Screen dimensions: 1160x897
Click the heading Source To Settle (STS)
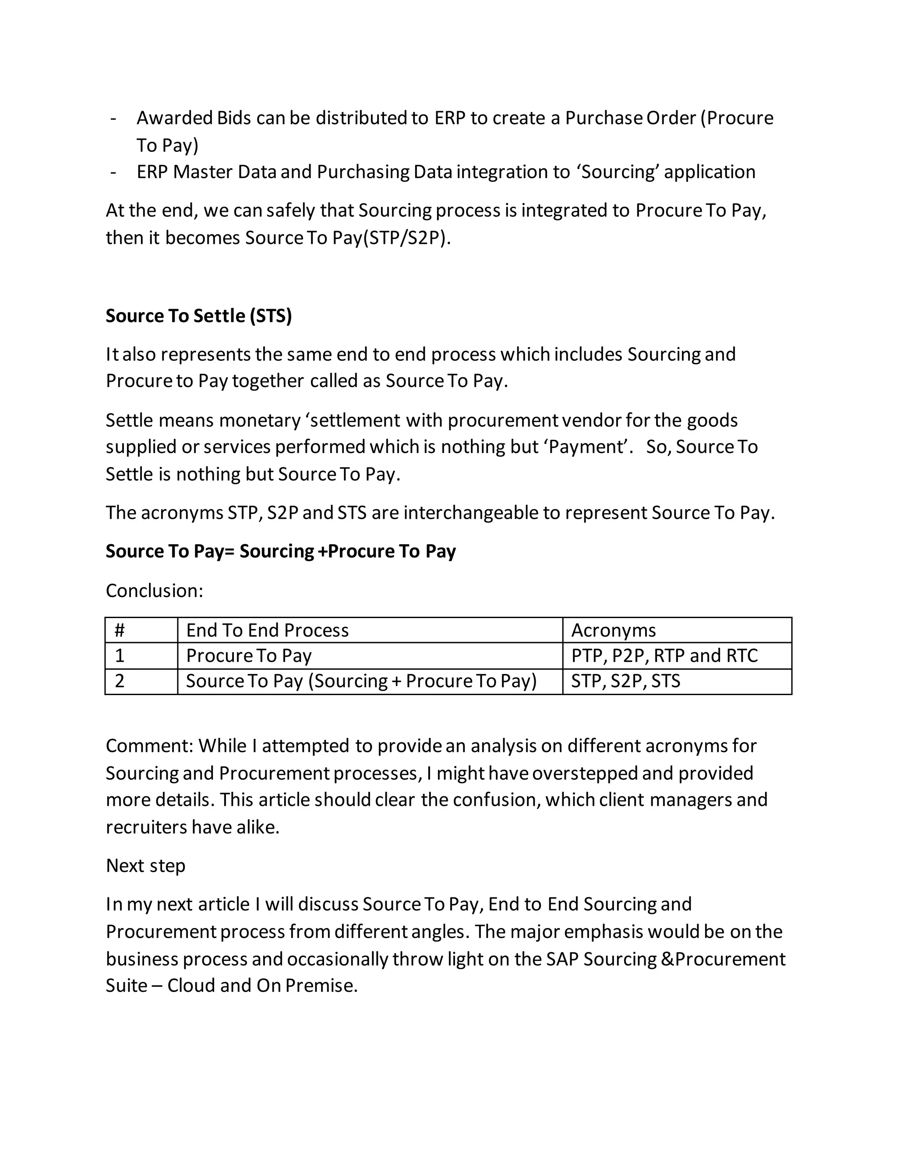click(199, 316)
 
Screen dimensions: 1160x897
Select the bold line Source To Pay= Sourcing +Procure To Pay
click(281, 551)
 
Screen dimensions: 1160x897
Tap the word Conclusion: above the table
click(154, 591)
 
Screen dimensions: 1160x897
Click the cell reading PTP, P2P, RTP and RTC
click(664, 656)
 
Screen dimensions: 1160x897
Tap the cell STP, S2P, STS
click(625, 681)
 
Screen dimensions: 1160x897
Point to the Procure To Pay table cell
click(249, 656)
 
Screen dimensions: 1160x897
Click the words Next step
click(145, 865)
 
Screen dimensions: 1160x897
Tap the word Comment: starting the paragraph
click(149, 746)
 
